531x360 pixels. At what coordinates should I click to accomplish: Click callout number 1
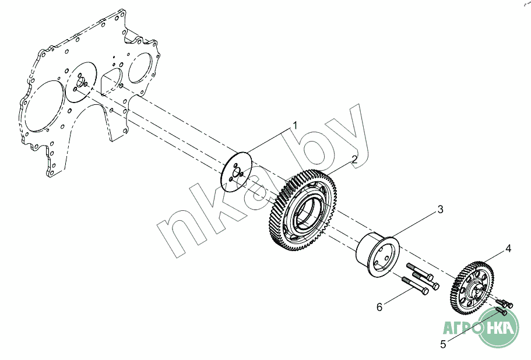[295, 125]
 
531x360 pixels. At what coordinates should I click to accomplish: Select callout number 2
[353, 158]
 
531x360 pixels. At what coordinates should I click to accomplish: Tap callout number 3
[441, 208]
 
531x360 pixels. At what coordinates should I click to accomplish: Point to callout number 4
[508, 249]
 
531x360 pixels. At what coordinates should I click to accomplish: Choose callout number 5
[443, 344]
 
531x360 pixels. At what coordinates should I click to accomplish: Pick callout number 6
[379, 307]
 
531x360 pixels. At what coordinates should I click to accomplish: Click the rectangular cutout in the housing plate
[109, 81]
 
